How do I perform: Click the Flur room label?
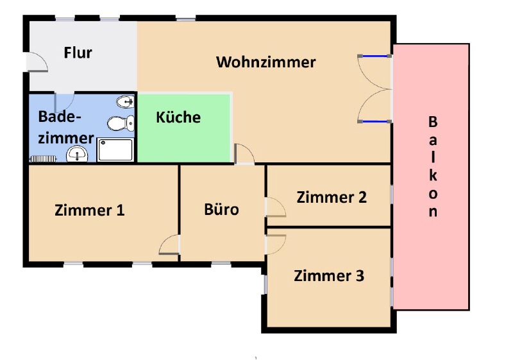[x=78, y=53]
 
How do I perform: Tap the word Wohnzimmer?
[x=266, y=62]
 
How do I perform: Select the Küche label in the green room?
[x=178, y=117]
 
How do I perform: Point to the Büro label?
[x=221, y=209]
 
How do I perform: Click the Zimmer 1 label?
[x=90, y=210]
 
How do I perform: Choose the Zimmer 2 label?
[x=332, y=198]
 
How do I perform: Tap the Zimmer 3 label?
[x=329, y=275]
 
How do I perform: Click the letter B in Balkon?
[x=433, y=122]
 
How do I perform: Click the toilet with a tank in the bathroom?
[x=121, y=123]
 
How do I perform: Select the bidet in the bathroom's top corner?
[x=125, y=101]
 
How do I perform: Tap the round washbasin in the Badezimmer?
[x=77, y=154]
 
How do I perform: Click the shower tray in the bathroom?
[x=115, y=150]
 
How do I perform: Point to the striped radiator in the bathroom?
[x=43, y=159]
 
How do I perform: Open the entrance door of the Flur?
[x=37, y=62]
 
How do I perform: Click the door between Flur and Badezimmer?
[x=64, y=103]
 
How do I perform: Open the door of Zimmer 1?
[x=169, y=244]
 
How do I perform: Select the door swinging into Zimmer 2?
[x=276, y=207]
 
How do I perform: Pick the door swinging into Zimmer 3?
[x=276, y=244]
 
